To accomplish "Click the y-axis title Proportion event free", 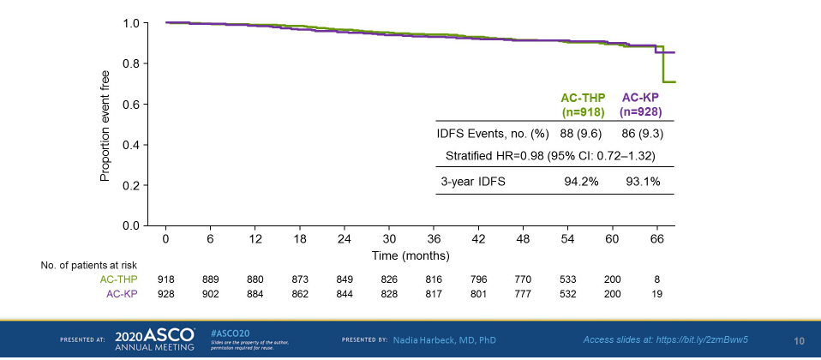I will [x=105, y=124].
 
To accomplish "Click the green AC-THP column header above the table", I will [x=583, y=105].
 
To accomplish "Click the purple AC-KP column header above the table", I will [x=640, y=105].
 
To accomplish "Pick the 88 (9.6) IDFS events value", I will [x=583, y=133].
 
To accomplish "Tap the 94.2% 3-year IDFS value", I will [x=583, y=182].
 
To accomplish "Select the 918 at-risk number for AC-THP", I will [x=166, y=279].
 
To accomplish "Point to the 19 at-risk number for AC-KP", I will [x=658, y=294].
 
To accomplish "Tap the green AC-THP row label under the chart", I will [x=118, y=279].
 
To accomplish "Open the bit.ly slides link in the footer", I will [x=665, y=339].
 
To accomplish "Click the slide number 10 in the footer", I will [x=799, y=340].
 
